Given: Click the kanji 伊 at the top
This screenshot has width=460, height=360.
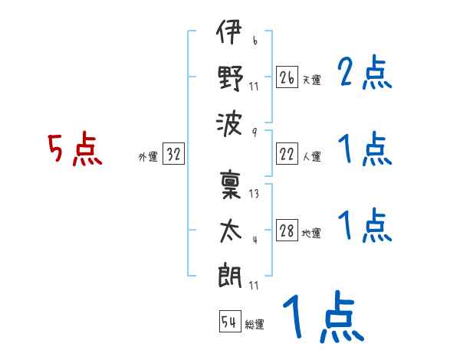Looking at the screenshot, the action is point(229,31).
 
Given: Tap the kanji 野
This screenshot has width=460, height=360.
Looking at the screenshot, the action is point(231,77).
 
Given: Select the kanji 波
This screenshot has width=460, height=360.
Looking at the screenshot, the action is point(229,125).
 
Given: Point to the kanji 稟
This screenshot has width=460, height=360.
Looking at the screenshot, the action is point(231,185).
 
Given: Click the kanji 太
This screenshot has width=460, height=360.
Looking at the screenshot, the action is point(231,231).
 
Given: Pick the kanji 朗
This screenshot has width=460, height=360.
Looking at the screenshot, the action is point(230,275).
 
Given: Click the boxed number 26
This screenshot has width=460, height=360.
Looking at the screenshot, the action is point(287,77).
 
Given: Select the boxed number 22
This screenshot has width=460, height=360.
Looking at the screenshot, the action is point(287,154).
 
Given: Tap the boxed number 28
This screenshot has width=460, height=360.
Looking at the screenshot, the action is point(287,230).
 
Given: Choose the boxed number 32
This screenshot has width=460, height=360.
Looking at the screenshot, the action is point(173,153).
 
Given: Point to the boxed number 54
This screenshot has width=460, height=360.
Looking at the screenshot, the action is point(230,321).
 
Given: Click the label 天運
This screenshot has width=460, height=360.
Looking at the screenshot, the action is point(312,80).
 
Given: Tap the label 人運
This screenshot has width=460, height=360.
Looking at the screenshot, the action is point(312,156).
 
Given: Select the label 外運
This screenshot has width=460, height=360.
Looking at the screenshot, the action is point(148,156).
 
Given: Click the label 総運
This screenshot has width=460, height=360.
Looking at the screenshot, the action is point(255,324).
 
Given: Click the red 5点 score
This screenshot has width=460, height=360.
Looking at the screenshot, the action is point(75,149).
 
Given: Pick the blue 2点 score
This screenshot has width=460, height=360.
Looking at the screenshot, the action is point(365,72).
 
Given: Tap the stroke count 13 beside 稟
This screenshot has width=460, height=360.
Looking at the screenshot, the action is point(254,194).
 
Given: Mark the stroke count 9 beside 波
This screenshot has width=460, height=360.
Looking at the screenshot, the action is point(255,133).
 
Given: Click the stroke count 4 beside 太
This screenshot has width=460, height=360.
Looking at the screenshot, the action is point(255,240).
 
